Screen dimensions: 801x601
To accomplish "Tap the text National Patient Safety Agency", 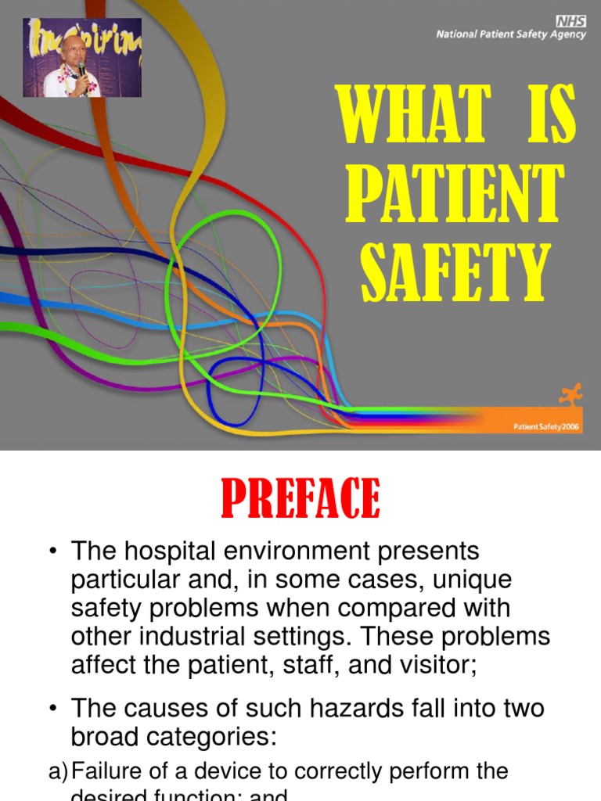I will pos(510,35).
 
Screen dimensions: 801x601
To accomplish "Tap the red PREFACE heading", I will pos(300,498).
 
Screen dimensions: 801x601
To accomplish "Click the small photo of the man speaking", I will pos(82,58).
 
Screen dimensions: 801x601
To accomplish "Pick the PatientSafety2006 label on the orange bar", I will pos(546,427).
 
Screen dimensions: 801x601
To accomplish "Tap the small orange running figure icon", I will pos(575,394).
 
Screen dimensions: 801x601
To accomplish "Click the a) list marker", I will pos(59,771).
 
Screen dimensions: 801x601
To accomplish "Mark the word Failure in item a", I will pos(103,771).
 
